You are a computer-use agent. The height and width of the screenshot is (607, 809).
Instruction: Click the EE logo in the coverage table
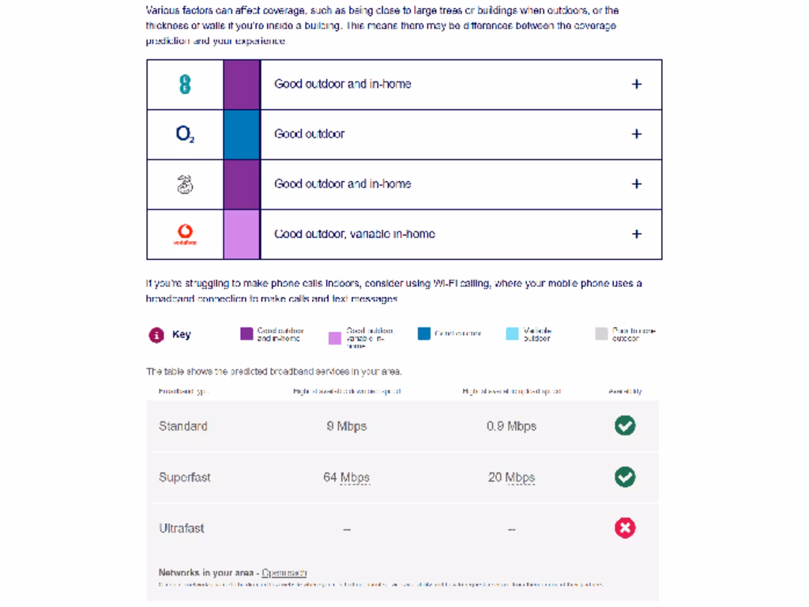point(185,84)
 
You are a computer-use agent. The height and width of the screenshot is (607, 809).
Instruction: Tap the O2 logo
point(185,134)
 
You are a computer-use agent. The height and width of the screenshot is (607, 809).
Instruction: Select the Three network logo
point(185,184)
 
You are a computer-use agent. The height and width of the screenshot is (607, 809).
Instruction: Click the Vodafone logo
point(185,234)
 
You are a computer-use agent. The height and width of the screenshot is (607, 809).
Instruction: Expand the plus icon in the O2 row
point(637,134)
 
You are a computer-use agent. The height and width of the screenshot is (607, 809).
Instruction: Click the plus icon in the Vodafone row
point(637,234)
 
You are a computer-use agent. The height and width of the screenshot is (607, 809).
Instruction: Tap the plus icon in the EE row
point(637,84)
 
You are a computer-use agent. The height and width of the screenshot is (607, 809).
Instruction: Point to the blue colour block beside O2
point(242,134)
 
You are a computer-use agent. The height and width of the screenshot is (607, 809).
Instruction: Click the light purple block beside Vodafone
point(242,234)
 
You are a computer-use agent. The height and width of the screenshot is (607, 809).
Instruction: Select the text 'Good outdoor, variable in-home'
point(355,234)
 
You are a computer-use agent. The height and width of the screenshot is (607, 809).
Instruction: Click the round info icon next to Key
point(156,334)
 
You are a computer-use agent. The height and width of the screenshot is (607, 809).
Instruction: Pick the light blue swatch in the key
point(512,334)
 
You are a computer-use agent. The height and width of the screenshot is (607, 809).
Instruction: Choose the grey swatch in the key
point(601,334)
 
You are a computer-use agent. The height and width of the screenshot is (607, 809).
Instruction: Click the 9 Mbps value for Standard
point(346,426)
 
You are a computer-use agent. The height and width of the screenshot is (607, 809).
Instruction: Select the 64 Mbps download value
point(346,477)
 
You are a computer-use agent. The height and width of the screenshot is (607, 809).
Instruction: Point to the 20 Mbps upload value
point(511,477)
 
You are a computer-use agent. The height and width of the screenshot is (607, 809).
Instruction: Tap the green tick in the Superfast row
point(625,477)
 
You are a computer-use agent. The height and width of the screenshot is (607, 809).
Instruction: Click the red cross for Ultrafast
point(625,528)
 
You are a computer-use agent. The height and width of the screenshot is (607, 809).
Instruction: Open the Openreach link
point(284,572)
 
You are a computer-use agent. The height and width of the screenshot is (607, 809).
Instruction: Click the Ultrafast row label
point(182,528)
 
